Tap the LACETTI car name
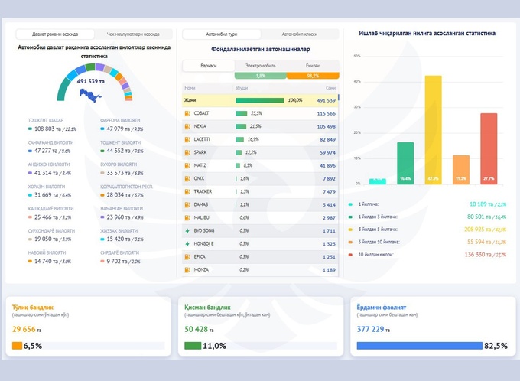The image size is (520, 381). [203, 139]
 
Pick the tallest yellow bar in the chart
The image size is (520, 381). [433, 130]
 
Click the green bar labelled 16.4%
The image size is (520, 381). [405, 163]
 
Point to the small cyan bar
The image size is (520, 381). [377, 181]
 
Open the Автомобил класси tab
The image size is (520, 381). [299, 34]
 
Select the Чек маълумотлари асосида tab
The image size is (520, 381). [133, 34]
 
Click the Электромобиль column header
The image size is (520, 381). [260, 67]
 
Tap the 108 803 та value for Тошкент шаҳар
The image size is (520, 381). [48, 129]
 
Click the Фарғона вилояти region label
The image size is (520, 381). [121, 120]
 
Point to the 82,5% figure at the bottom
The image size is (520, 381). [496, 346]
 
